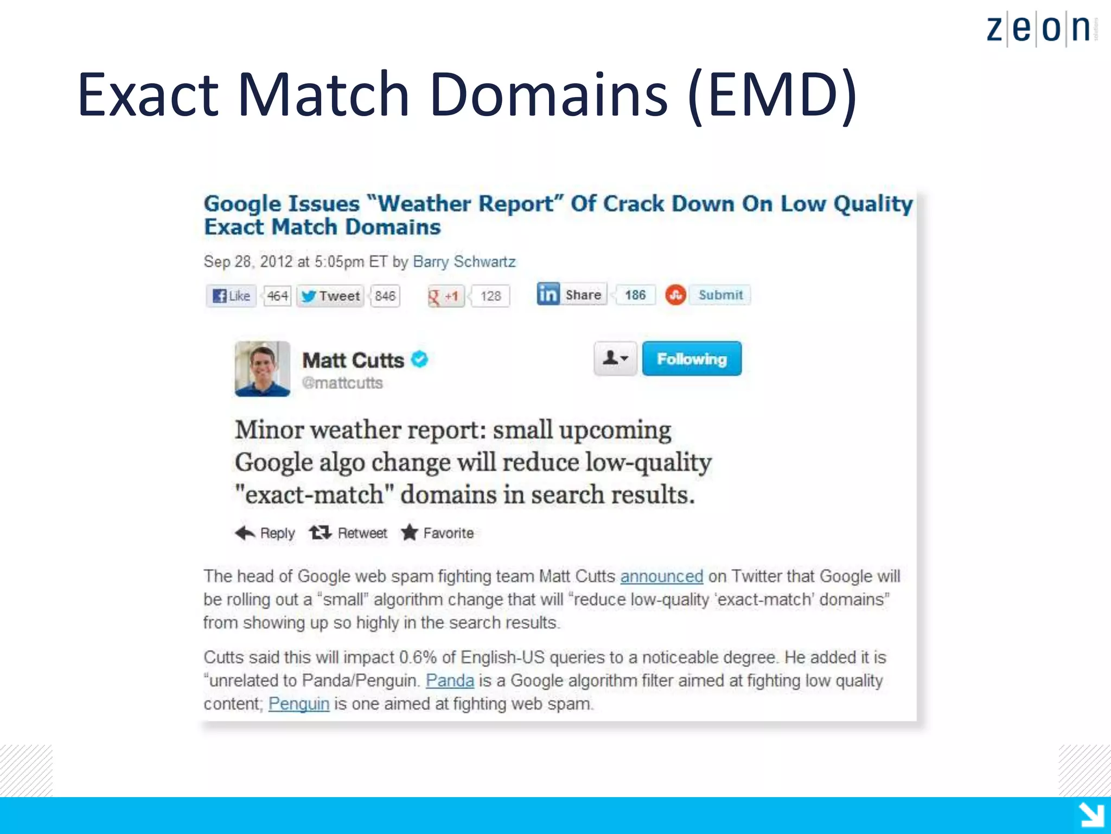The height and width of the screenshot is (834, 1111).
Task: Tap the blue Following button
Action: tap(692, 359)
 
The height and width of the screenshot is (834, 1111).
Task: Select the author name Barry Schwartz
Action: tap(464, 262)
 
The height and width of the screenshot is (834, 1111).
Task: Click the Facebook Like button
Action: tap(232, 296)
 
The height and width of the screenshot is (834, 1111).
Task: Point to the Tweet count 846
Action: tap(385, 296)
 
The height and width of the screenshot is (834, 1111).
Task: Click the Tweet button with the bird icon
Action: tap(330, 296)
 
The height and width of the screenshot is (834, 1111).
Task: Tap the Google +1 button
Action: tap(445, 296)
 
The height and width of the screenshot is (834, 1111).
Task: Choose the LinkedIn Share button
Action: tap(571, 294)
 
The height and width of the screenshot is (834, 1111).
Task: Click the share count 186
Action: tap(635, 295)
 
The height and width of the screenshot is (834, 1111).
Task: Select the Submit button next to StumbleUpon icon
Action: tap(720, 295)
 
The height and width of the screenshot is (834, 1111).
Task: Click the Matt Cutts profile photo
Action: tap(263, 369)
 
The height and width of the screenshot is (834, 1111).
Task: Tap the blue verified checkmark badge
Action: tap(419, 359)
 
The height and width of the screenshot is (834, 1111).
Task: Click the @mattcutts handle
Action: tap(342, 383)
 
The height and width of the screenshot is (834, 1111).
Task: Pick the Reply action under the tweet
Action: tap(266, 533)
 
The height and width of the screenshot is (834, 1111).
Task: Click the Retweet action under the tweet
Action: tap(349, 533)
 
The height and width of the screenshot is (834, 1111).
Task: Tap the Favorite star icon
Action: tap(410, 533)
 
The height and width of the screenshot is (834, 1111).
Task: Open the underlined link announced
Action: tap(661, 576)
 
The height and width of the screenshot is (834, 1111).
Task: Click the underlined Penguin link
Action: tap(299, 704)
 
